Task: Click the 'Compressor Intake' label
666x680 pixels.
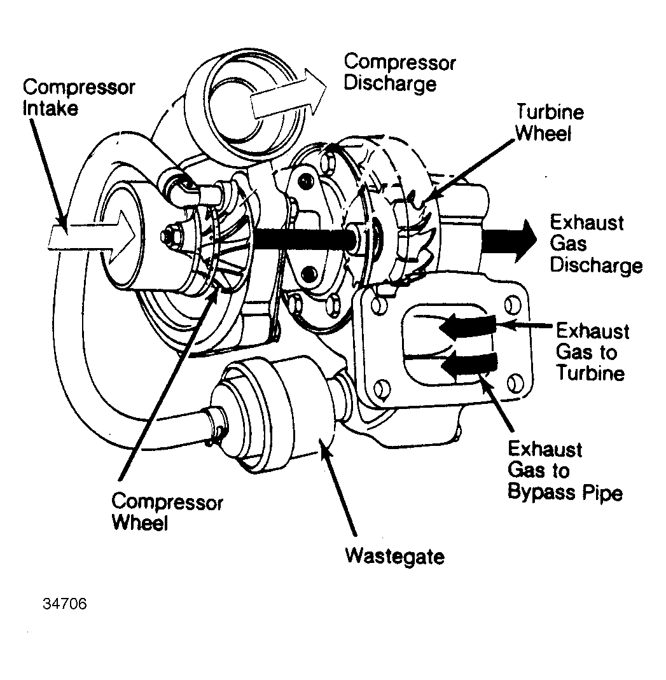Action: pyautogui.click(x=78, y=97)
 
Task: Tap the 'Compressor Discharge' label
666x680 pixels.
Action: pyautogui.click(x=399, y=73)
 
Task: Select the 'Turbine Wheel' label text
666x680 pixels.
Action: pyautogui.click(x=549, y=123)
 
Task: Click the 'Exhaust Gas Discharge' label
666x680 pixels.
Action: pyautogui.click(x=595, y=244)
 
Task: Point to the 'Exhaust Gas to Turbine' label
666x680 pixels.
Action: pyautogui.click(x=592, y=352)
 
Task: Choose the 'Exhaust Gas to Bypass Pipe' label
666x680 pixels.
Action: pyautogui.click(x=564, y=471)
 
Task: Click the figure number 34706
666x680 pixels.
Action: pyautogui.click(x=64, y=603)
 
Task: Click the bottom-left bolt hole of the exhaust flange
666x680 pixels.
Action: pyautogui.click(x=382, y=387)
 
